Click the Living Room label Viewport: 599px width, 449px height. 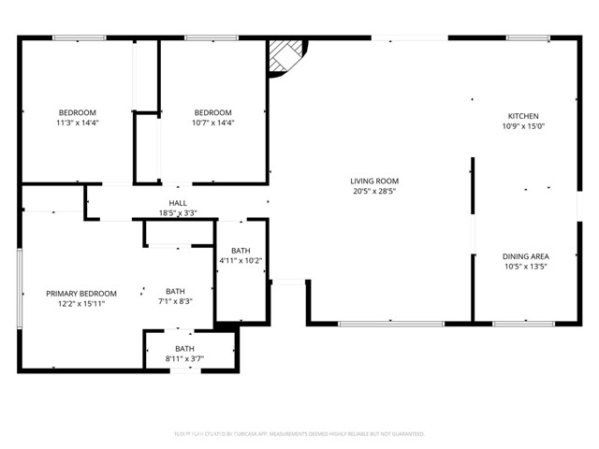click(x=374, y=181)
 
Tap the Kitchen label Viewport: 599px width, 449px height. click(x=522, y=116)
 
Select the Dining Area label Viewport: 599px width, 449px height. click(x=525, y=256)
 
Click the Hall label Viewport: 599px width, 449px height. click(x=178, y=203)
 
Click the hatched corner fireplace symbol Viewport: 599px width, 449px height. click(x=285, y=57)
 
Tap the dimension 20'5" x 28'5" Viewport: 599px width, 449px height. click(x=374, y=191)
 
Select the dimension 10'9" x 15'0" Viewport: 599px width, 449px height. click(x=523, y=126)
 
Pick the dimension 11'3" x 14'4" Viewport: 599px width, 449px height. click(x=78, y=123)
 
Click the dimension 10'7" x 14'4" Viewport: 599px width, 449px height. click(x=213, y=123)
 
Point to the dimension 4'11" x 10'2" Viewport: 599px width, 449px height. click(x=241, y=261)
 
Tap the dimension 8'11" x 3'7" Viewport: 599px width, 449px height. click(x=184, y=358)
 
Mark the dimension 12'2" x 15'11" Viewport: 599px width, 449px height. click(x=81, y=303)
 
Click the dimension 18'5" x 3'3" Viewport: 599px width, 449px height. click(x=178, y=213)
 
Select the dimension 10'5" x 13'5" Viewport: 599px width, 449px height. click(x=525, y=267)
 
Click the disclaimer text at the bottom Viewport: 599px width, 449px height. click(x=299, y=434)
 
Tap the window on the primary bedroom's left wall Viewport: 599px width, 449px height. click(x=19, y=288)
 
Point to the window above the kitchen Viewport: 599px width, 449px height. click(x=529, y=38)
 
